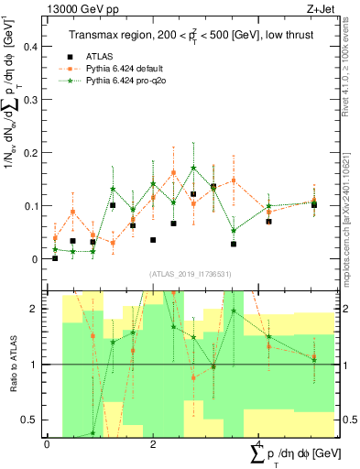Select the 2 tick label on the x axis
pos(153,444)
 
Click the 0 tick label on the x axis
pos(47,444)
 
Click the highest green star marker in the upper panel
pos(194,169)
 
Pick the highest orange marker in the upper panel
pos(174,172)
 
